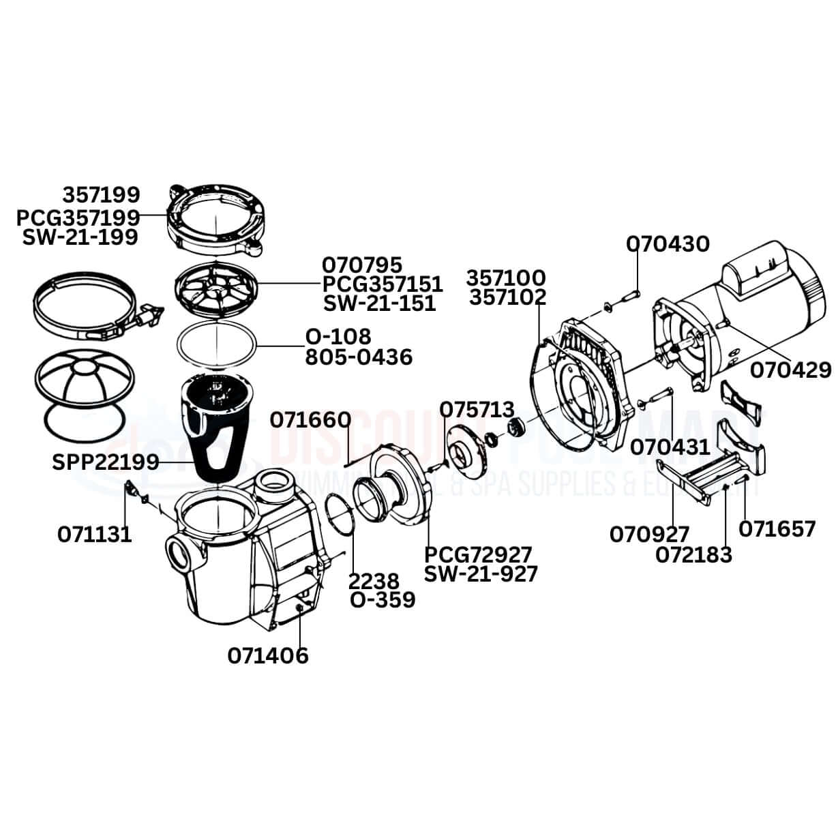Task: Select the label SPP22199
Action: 106,462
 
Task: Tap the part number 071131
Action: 94,534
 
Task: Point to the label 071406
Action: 268,655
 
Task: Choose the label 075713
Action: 477,410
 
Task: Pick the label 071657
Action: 777,528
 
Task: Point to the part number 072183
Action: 694,555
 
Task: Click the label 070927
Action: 650,534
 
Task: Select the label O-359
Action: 383,600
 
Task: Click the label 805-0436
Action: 358,356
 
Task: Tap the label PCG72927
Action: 478,554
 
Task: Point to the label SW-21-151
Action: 379,303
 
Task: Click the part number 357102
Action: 507,297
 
